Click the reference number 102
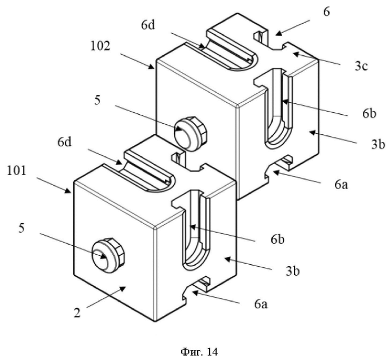click(x=100, y=46)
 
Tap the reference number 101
click(x=17, y=171)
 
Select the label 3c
click(x=361, y=66)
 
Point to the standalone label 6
click(x=326, y=12)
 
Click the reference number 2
click(x=78, y=313)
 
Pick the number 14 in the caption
click(x=212, y=352)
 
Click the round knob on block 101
click(x=108, y=255)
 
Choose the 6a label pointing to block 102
click(x=341, y=185)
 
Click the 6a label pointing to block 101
click(x=261, y=304)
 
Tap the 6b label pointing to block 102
click(x=369, y=113)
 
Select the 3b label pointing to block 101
click(x=293, y=271)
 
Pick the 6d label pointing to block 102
click(x=148, y=25)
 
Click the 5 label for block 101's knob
click(x=22, y=228)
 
